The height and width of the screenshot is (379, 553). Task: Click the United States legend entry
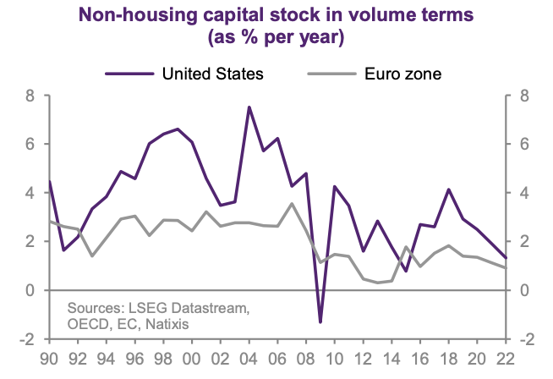212,73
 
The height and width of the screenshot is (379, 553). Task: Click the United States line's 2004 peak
249,107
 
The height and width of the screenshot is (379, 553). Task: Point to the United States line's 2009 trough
320,321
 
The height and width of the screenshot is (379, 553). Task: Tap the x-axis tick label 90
50,357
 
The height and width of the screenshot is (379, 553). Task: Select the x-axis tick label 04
249,357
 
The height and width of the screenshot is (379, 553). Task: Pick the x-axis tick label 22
506,357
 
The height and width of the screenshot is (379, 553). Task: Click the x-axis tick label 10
335,357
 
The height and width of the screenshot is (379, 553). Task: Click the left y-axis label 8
31,96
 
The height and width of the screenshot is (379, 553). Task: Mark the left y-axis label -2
28,339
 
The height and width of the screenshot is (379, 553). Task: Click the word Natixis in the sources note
166,324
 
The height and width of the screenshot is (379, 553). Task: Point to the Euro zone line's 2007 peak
292,203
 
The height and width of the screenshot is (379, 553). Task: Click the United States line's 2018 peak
448,189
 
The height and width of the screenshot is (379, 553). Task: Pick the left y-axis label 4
31,193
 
